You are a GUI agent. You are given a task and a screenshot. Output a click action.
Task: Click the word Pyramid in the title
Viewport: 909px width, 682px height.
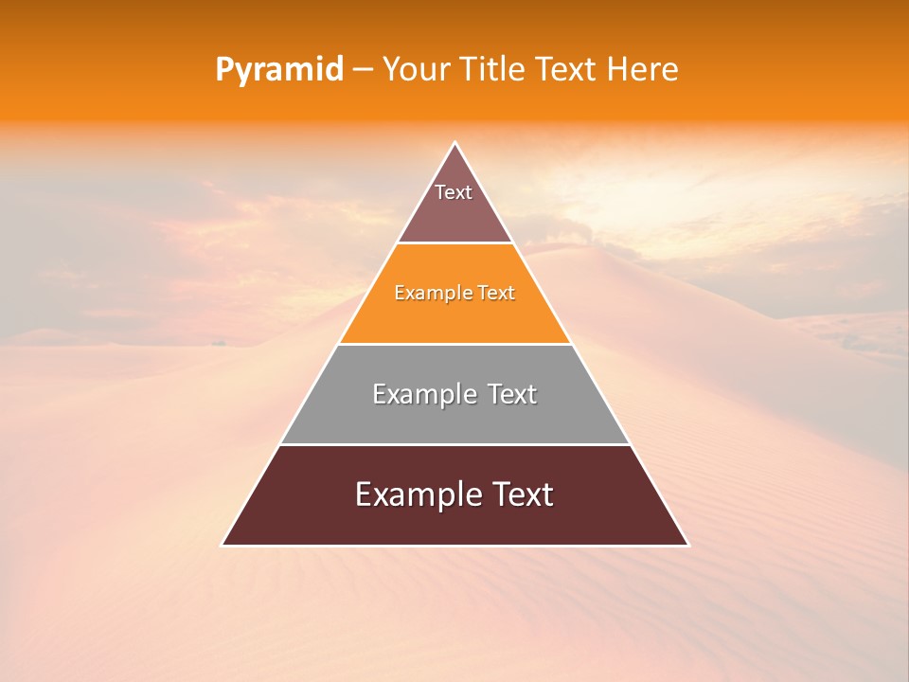click(278, 70)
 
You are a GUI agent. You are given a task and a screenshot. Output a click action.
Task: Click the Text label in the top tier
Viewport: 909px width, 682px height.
click(454, 192)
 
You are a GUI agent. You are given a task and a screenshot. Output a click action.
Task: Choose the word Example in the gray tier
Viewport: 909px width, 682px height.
click(422, 394)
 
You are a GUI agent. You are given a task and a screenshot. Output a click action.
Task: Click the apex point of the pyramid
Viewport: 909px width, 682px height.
click(454, 143)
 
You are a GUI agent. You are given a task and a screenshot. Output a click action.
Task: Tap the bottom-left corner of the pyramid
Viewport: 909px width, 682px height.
click(223, 545)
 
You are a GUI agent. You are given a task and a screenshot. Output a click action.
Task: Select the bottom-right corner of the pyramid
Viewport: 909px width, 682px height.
click(687, 545)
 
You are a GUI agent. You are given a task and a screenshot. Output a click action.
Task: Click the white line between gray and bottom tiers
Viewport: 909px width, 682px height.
click(454, 444)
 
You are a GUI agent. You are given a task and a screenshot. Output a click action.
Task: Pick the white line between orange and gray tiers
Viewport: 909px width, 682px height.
click(454, 344)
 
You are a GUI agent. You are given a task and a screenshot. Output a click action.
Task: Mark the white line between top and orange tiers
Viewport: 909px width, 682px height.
click(454, 243)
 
